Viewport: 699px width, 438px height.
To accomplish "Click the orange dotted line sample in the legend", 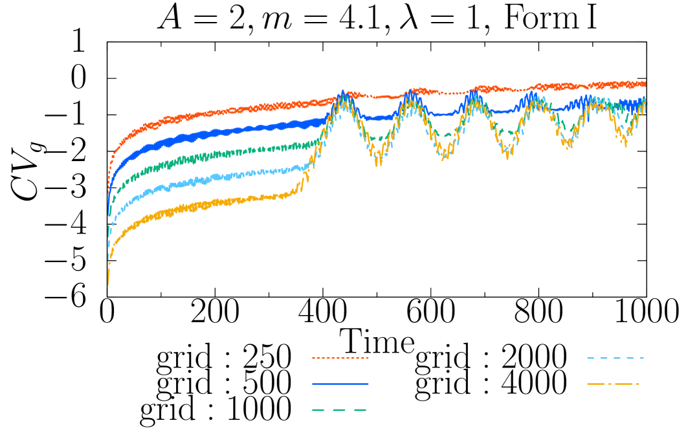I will [340, 358].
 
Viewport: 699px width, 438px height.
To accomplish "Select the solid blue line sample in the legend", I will [340, 384].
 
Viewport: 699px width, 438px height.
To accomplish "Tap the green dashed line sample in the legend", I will [340, 410].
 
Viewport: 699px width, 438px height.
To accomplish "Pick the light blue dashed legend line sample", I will [615, 358].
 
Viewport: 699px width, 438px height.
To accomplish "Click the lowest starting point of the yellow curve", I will [108, 283].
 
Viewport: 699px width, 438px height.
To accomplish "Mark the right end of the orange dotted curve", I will [645, 83].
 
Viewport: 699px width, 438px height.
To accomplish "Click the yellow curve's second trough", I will [444, 158].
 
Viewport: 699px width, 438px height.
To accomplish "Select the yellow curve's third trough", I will [508, 157].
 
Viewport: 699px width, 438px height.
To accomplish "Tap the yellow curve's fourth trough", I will [568, 146].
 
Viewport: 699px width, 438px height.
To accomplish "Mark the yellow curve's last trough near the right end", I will [625, 144].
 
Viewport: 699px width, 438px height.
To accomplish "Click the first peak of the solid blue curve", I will [342, 93].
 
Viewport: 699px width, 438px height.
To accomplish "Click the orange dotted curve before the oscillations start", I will [227, 112].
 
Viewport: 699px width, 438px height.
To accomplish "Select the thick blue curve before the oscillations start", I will [227, 131].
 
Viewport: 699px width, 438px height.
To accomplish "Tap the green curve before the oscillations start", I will [227, 153].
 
